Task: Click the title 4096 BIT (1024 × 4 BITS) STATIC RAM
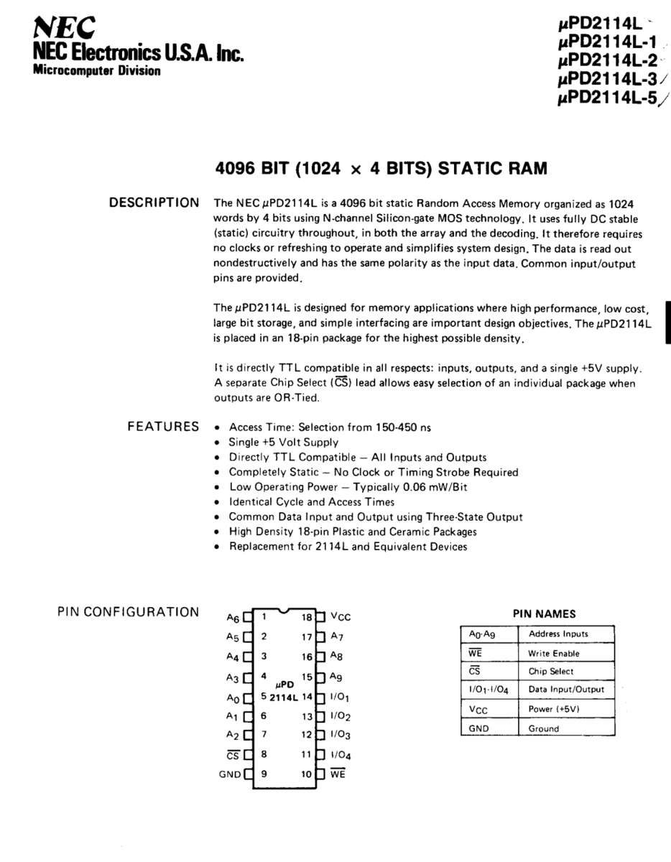tap(381, 169)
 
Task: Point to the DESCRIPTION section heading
tap(154, 203)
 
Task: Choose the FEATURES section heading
tap(163, 427)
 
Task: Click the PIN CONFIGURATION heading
tap(127, 612)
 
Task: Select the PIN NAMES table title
tap(544, 614)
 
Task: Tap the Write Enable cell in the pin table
tap(553, 653)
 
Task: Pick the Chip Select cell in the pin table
tap(551, 671)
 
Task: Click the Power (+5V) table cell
tap(554, 709)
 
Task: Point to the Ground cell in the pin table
tap(543, 728)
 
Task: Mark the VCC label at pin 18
tap(341, 617)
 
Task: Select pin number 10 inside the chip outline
tap(307, 774)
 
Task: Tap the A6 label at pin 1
tap(232, 617)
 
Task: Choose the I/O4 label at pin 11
tap(340, 755)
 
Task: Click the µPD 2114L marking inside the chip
tap(284, 691)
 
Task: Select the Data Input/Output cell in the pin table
tap(566, 690)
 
